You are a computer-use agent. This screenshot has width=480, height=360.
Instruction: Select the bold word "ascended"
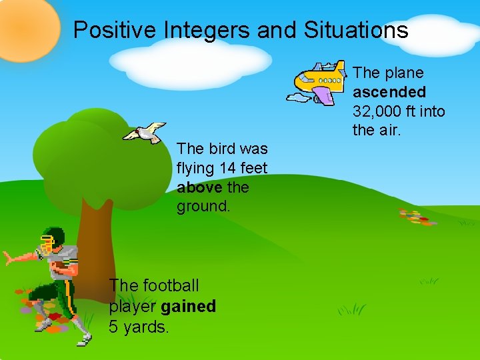389,91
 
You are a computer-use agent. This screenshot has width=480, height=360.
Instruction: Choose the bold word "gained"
188,306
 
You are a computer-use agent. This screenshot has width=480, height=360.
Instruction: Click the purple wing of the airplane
323,95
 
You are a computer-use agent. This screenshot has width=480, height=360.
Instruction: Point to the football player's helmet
53,239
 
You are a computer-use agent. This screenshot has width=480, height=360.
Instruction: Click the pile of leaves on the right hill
417,217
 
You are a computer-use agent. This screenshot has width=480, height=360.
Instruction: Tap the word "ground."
203,207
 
